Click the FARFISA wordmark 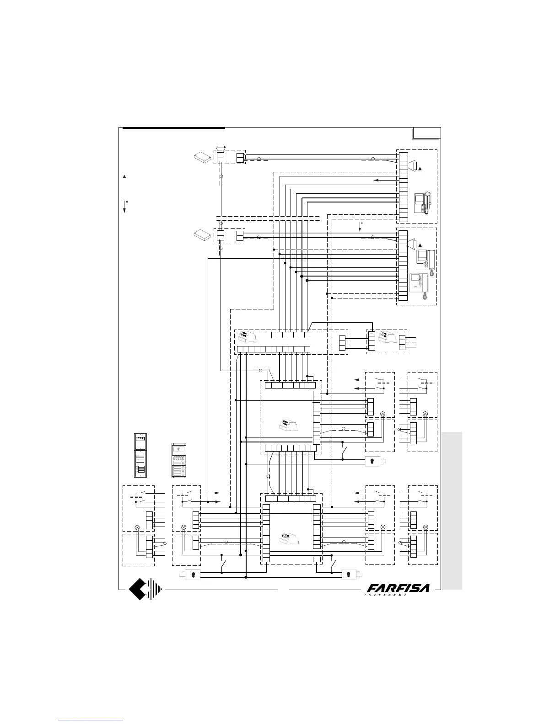click(x=398, y=587)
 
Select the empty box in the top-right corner click(x=426, y=133)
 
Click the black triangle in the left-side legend click(x=124, y=176)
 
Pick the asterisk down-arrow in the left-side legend click(x=125, y=206)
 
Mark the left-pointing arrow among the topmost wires click(x=378, y=180)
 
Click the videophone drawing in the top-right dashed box click(x=422, y=203)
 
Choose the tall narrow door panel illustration click(x=140, y=455)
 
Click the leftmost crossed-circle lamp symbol click(x=137, y=527)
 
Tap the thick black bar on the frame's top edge click(x=174, y=128)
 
